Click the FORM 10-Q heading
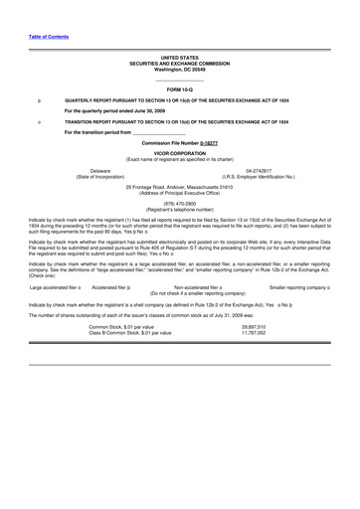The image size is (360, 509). click(x=179, y=89)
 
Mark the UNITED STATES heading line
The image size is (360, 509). click(x=179, y=59)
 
